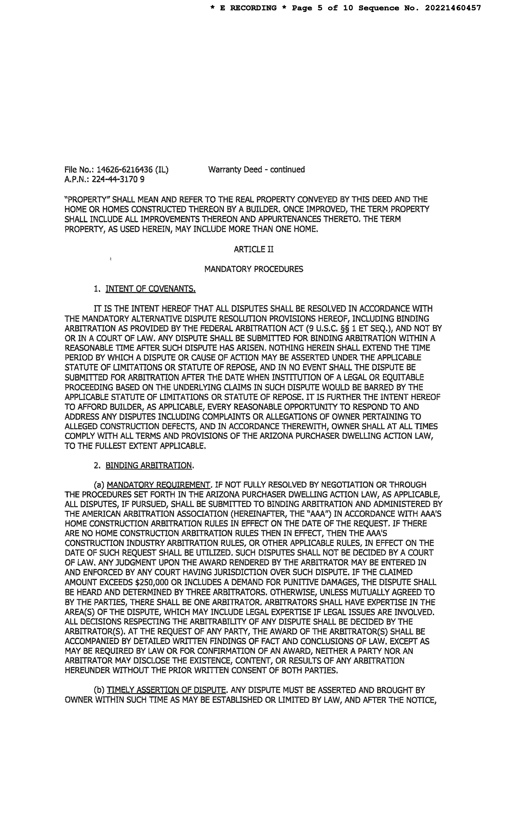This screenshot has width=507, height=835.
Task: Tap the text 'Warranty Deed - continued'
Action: tap(256, 169)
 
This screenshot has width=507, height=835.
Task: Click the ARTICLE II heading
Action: tap(253, 250)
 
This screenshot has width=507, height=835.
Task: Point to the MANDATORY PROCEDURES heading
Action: tap(253, 269)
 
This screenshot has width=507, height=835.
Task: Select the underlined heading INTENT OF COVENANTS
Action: tap(151, 289)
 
